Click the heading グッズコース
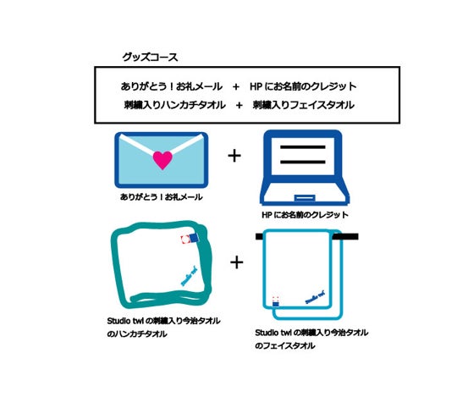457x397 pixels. (151, 58)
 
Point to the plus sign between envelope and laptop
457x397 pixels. (234, 157)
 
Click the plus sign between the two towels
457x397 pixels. (237, 262)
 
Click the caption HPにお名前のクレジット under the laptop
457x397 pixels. (305, 215)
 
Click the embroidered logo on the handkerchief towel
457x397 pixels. (189, 274)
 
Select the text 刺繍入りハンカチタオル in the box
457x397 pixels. (173, 106)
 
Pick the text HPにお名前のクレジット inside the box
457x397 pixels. (302, 86)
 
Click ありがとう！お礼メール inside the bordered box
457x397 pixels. (172, 86)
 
